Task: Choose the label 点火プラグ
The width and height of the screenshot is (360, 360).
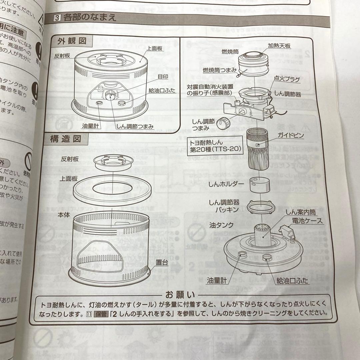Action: click(x=287, y=79)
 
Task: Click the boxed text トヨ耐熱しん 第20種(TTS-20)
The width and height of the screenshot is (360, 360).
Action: click(x=216, y=146)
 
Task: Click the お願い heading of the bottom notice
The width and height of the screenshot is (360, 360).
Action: click(x=180, y=295)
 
